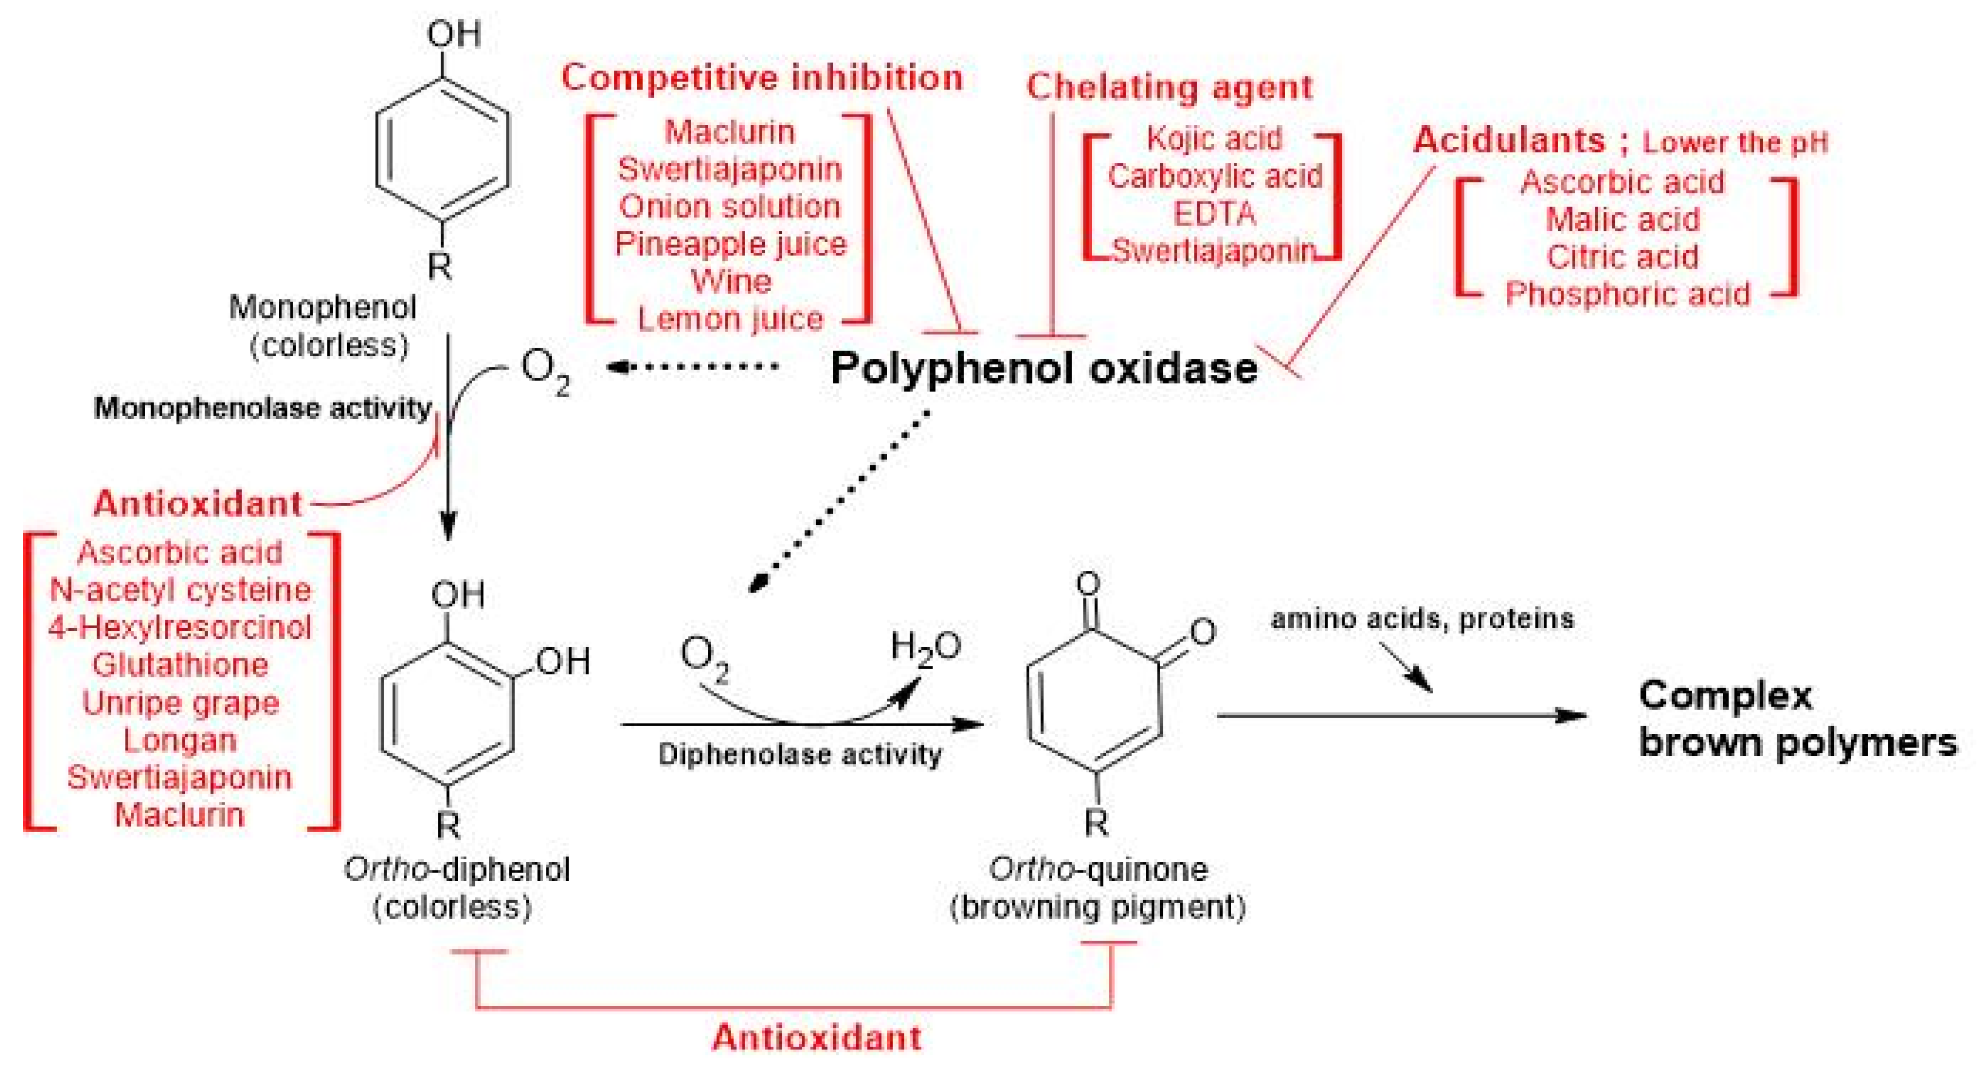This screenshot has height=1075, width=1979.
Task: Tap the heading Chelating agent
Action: point(1169,87)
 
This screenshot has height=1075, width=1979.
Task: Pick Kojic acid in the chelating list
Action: point(1214,139)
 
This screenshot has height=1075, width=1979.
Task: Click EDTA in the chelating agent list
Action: point(1214,214)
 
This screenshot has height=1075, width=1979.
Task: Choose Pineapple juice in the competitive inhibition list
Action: point(730,244)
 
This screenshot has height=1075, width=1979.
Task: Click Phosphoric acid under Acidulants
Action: point(1627,294)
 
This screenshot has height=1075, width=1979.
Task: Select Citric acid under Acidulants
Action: point(1622,257)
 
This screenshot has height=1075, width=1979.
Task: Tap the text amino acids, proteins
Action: point(1422,619)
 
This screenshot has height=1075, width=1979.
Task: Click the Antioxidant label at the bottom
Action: point(816,1037)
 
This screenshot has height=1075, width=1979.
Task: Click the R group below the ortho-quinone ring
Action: point(1096,823)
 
